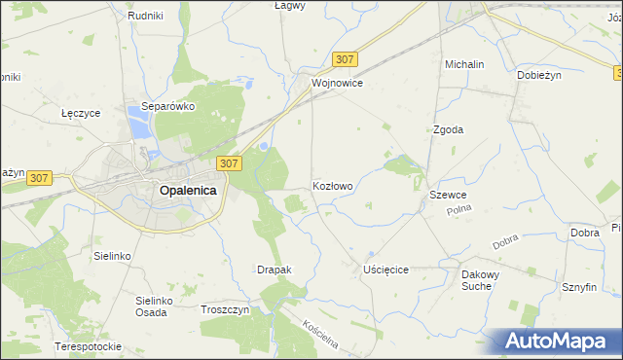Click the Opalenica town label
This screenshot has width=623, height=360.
point(187,192)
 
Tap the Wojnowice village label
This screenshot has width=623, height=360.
point(337,84)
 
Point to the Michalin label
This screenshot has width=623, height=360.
point(464,64)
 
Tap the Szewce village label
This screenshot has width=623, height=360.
point(449,196)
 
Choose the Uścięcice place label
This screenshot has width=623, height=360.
point(385,270)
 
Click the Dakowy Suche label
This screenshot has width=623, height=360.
point(480,281)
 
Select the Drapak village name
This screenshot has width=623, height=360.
point(274,270)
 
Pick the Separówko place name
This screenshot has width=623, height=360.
point(169,106)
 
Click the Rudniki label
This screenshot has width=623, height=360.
point(144,16)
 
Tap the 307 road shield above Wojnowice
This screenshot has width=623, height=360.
point(344,59)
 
